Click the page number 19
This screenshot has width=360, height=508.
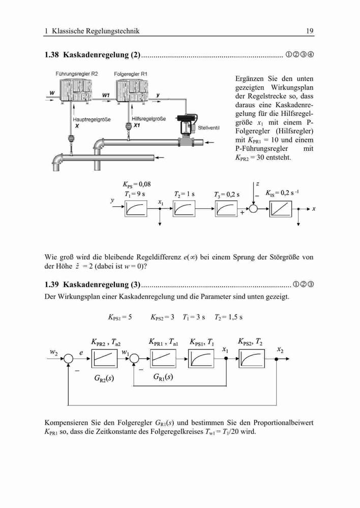pos(310,31)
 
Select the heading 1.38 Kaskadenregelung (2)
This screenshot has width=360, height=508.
pos(93,55)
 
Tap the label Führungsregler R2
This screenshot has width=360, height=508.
pos(77,74)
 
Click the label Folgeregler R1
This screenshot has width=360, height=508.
pos(130,74)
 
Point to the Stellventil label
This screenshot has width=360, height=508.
pos(208,128)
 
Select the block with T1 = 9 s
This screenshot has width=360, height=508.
pos(136,209)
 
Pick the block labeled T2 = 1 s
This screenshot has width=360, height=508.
pos(184,209)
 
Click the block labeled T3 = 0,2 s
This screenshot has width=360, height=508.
pos(226,209)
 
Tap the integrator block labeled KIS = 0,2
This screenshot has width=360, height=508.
pos(281,209)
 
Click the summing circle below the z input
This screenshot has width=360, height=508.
pos(253,209)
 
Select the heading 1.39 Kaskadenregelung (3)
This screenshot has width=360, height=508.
pos(93,284)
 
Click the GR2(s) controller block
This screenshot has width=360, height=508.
pos(104,359)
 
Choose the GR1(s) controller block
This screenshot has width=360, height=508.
pos(163,359)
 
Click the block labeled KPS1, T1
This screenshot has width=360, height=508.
pos(201,359)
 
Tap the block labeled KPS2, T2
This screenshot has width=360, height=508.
pos(252,359)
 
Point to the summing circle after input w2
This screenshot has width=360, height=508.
pos(68,359)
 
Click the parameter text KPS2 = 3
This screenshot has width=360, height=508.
pos(162,317)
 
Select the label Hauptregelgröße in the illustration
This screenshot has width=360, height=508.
pos(92,119)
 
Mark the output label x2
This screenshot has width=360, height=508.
pos(280,350)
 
